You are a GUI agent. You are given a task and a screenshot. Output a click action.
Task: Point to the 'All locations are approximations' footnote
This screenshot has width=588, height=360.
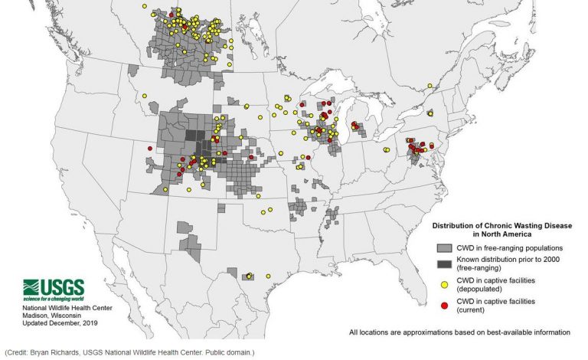pos(459,332)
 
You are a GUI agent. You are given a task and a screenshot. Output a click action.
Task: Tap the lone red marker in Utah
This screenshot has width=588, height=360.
pos(150,147)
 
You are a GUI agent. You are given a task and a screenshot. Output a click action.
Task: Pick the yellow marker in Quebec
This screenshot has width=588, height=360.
pos(430,113)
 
